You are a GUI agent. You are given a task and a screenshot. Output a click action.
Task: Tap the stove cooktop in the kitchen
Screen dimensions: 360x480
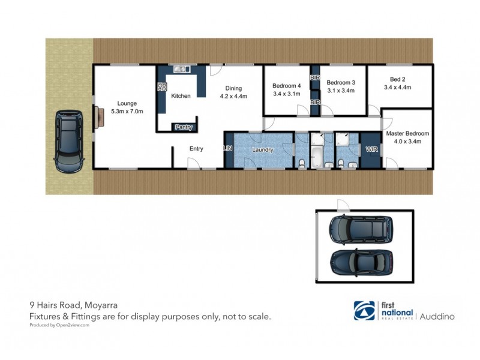[161, 87]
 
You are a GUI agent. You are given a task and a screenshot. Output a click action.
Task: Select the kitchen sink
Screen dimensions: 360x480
[181, 68]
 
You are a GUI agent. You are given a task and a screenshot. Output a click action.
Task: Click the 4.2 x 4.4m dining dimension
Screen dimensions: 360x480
[233, 95]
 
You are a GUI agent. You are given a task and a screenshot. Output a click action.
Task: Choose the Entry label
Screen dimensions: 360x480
[196, 149]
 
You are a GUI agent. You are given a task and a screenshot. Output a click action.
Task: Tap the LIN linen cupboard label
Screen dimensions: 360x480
[228, 148]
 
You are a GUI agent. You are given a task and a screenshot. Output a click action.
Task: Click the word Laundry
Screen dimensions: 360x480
[263, 149]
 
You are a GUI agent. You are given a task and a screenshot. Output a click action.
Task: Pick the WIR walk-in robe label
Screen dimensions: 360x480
[370, 149]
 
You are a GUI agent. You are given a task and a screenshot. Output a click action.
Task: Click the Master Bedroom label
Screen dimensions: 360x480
[407, 133]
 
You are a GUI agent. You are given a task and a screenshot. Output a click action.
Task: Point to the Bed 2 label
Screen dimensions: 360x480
[398, 79]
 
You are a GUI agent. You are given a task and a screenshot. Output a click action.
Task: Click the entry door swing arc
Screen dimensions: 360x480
[193, 163]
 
